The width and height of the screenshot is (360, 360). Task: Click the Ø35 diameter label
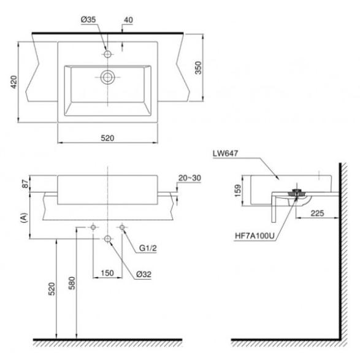(x=88, y=20)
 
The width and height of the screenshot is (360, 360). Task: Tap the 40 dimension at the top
(x=128, y=20)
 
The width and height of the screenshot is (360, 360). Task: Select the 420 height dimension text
(x=13, y=82)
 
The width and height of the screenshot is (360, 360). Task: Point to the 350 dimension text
(x=198, y=67)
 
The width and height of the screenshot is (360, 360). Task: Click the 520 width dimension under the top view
(x=107, y=138)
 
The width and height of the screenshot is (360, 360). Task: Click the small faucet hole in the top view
(x=107, y=54)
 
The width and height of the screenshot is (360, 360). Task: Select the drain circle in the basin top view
(x=107, y=77)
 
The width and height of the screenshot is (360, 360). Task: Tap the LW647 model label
(x=225, y=153)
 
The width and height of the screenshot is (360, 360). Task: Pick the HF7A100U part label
(x=255, y=236)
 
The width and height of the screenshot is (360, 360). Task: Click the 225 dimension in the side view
(x=317, y=213)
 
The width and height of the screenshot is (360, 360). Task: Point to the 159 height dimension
(x=238, y=190)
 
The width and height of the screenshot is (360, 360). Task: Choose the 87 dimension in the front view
(x=26, y=184)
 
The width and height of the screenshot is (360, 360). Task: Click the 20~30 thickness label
(x=190, y=178)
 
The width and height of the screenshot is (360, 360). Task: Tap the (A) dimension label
(x=24, y=218)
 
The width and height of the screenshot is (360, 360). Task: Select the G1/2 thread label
(x=148, y=248)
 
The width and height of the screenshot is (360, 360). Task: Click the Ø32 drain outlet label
(x=144, y=274)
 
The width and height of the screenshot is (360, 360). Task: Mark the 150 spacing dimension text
(x=107, y=273)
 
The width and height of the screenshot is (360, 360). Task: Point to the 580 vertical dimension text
(x=72, y=283)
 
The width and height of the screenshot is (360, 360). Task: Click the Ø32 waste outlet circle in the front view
(x=108, y=239)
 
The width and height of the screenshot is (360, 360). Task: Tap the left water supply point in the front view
(x=93, y=228)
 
